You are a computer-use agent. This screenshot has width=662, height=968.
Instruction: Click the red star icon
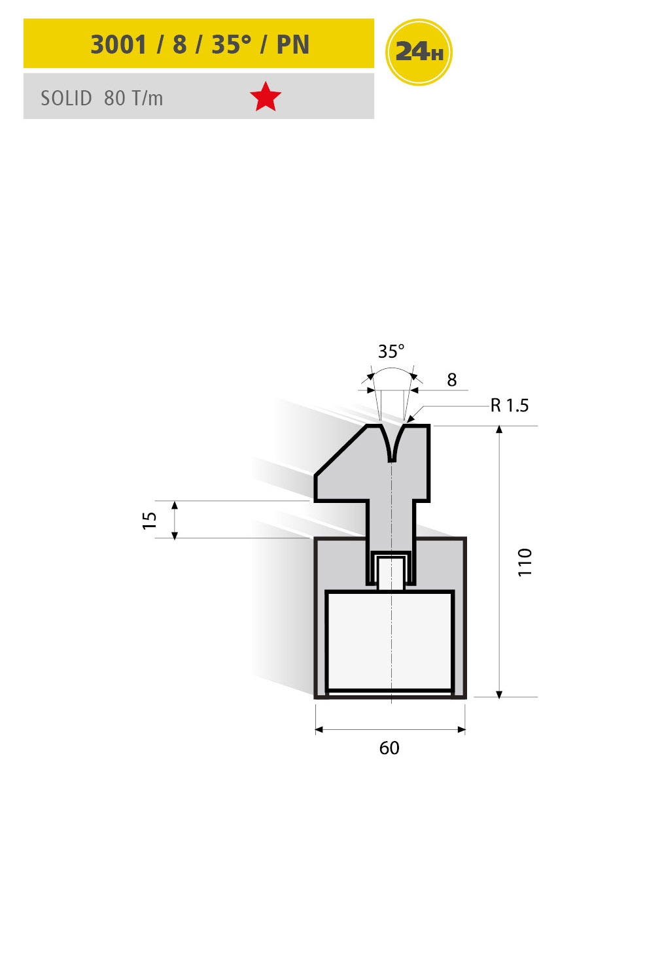pos(266,97)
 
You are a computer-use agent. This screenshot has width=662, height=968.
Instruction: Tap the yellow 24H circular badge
pos(418,52)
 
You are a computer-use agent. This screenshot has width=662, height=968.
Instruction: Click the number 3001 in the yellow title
pos(118,44)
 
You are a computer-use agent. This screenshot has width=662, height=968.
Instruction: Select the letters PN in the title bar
pos(292,44)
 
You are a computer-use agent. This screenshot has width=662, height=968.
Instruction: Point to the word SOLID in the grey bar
pos(66,99)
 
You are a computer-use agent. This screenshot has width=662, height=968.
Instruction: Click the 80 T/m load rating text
pos(133,99)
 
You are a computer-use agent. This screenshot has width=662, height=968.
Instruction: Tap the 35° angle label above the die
pos(391,351)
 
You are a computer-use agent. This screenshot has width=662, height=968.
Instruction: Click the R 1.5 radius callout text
pos(510,406)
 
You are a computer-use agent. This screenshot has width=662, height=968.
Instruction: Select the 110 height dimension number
pos(525,562)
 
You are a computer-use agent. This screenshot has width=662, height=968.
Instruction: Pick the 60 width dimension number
pos(389,748)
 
